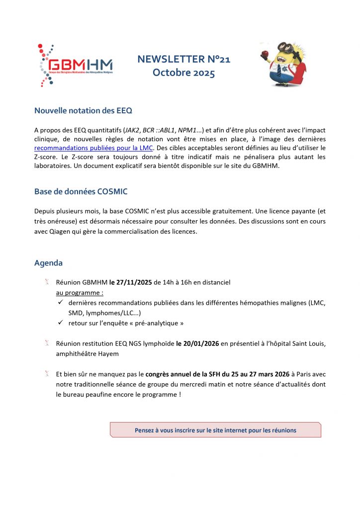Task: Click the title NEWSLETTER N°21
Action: click(184, 60)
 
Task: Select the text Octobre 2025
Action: click(184, 73)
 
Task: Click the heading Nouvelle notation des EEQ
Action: click(83, 110)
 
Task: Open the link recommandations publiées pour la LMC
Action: click(94, 148)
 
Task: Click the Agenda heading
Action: click(48, 263)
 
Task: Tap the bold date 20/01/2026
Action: click(198, 343)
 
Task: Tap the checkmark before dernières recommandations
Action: click(59, 303)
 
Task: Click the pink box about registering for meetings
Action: click(215, 430)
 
